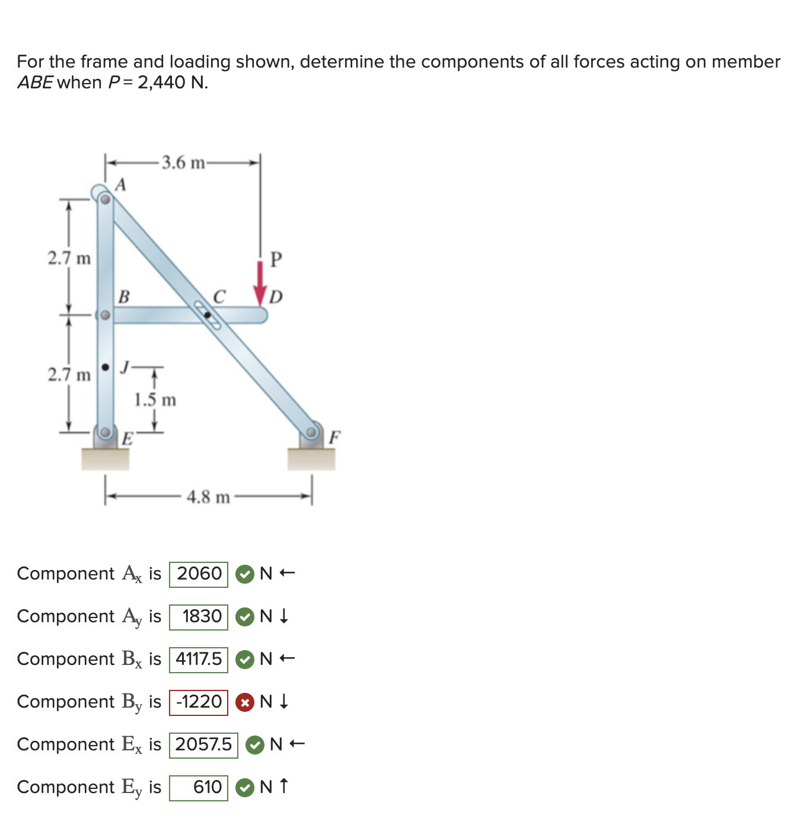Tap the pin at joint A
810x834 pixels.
[x=104, y=199]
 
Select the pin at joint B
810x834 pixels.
[x=104, y=315]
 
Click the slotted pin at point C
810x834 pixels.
[x=208, y=315]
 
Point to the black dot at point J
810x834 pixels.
[x=106, y=368]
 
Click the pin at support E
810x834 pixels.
[x=105, y=432]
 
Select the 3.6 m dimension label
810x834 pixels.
[x=183, y=163]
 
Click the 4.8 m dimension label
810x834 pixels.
[x=208, y=497]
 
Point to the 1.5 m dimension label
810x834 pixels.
[x=155, y=400]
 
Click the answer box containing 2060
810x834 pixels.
[x=199, y=574]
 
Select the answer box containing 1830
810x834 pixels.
[x=199, y=617]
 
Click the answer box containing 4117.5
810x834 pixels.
[x=199, y=660]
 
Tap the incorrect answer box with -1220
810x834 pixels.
[x=199, y=702]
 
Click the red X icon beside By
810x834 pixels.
[x=244, y=702]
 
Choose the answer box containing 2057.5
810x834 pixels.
[x=203, y=745]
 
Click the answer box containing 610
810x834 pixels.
[x=199, y=788]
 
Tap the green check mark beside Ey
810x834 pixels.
[x=244, y=788]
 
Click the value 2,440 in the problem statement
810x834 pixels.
[x=161, y=82]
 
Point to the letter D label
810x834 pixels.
[x=276, y=297]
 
